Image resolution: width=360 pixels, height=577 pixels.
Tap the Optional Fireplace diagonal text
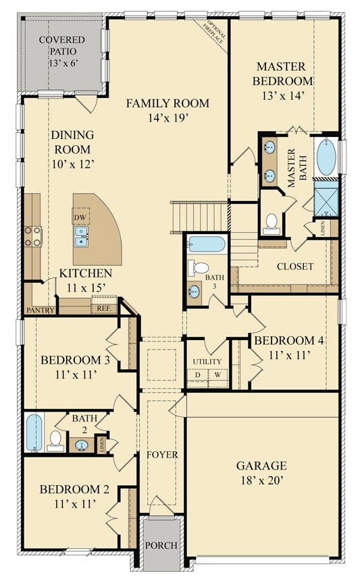(215, 33)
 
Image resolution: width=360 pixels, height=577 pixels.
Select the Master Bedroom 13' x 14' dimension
(283, 96)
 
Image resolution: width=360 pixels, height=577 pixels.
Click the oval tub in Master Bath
(326, 157)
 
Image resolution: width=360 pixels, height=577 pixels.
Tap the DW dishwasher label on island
(80, 217)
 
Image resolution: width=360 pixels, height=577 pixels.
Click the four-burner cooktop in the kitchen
(33, 236)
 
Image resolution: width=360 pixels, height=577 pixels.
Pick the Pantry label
(41, 310)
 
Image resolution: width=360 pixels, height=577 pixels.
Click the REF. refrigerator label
(104, 308)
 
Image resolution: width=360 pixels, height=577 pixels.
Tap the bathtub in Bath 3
(207, 244)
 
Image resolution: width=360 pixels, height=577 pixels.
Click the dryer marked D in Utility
(198, 375)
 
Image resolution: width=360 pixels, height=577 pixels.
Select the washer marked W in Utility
(218, 375)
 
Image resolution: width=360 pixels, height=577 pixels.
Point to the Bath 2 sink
(82, 445)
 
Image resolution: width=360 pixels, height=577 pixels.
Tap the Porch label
(161, 545)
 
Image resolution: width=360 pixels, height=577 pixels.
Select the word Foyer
(162, 455)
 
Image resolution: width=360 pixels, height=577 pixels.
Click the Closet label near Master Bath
(295, 267)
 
